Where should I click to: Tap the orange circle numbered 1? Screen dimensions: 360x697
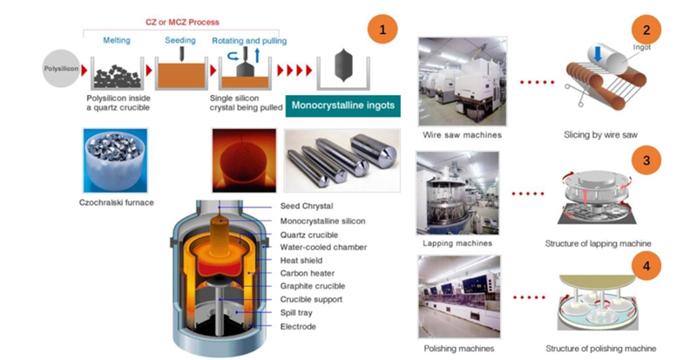point(382,30)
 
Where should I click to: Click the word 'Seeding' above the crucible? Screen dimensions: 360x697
point(181,40)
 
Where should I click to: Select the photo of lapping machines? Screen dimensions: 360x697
point(458,193)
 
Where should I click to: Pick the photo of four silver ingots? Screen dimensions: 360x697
point(342,160)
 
